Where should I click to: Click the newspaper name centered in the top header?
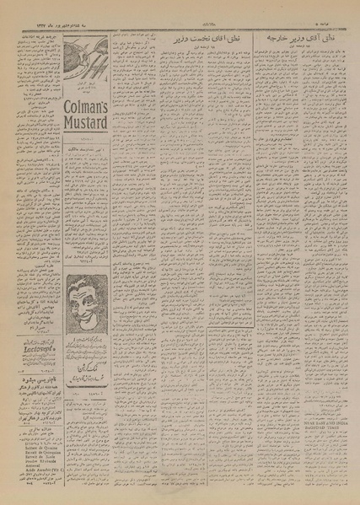(x=182, y=13)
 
